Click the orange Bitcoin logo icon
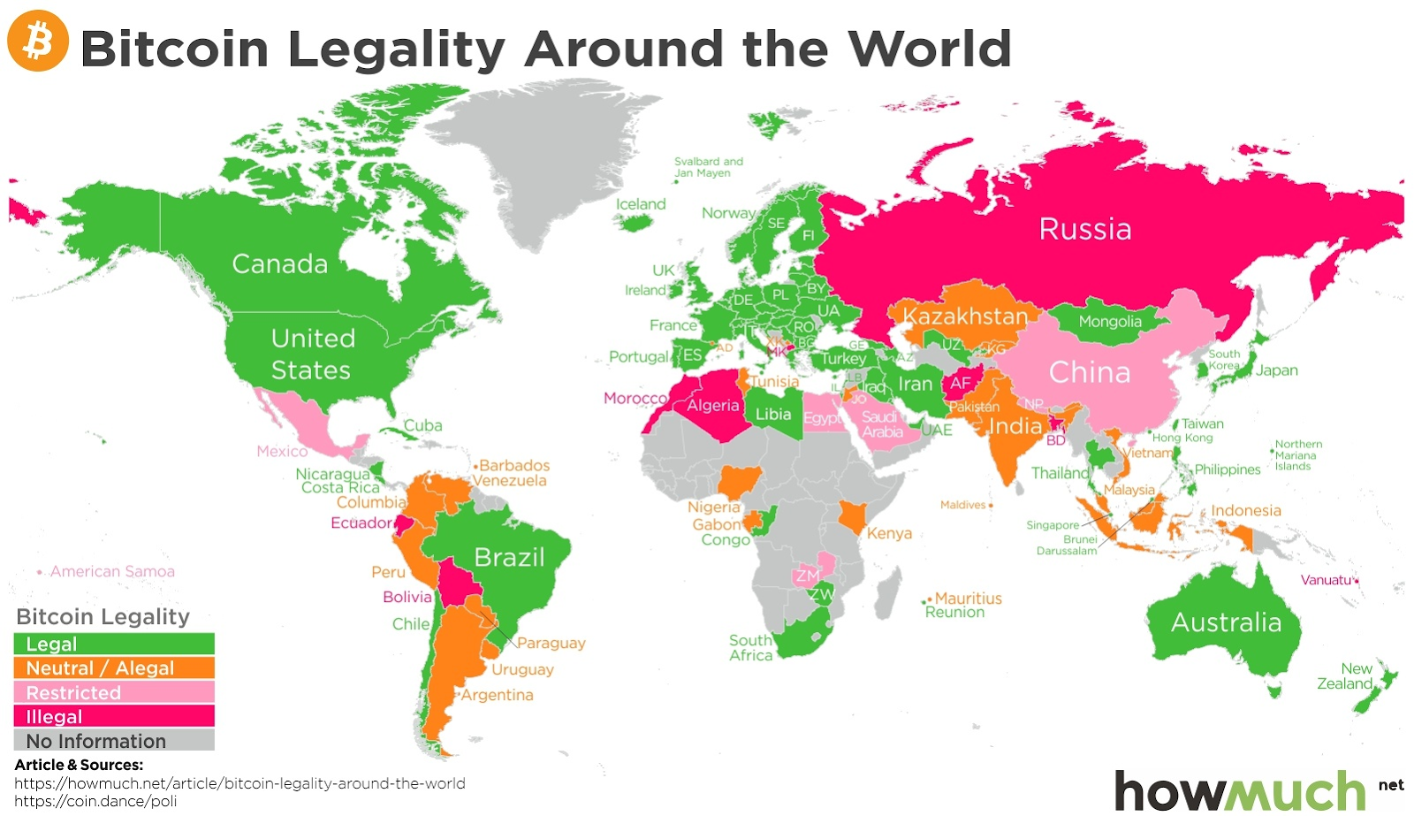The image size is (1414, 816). pyautogui.click(x=38, y=41)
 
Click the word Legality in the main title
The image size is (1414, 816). pyautogui.click(x=397, y=49)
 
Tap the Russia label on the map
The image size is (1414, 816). pyautogui.click(x=1084, y=229)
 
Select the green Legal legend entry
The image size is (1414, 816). pyautogui.click(x=114, y=644)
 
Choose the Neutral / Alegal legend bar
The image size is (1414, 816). pyautogui.click(x=114, y=668)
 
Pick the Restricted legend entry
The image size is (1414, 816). pyautogui.click(x=114, y=692)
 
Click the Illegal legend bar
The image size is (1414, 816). pyautogui.click(x=114, y=716)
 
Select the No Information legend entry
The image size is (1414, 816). pyautogui.click(x=114, y=741)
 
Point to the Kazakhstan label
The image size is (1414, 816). pyautogui.click(x=965, y=316)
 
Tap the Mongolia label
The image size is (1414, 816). pyautogui.click(x=1109, y=322)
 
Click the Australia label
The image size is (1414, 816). pyautogui.click(x=1226, y=622)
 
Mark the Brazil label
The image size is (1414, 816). pyautogui.click(x=509, y=557)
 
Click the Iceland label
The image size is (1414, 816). pyautogui.click(x=641, y=204)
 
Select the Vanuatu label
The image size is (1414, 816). pyautogui.click(x=1326, y=580)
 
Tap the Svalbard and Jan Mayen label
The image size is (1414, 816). pyautogui.click(x=708, y=167)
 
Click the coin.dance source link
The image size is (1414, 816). pyautogui.click(x=95, y=801)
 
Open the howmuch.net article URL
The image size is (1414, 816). pyautogui.click(x=239, y=783)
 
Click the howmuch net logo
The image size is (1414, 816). pyautogui.click(x=1255, y=789)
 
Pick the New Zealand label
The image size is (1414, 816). pyautogui.click(x=1345, y=676)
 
